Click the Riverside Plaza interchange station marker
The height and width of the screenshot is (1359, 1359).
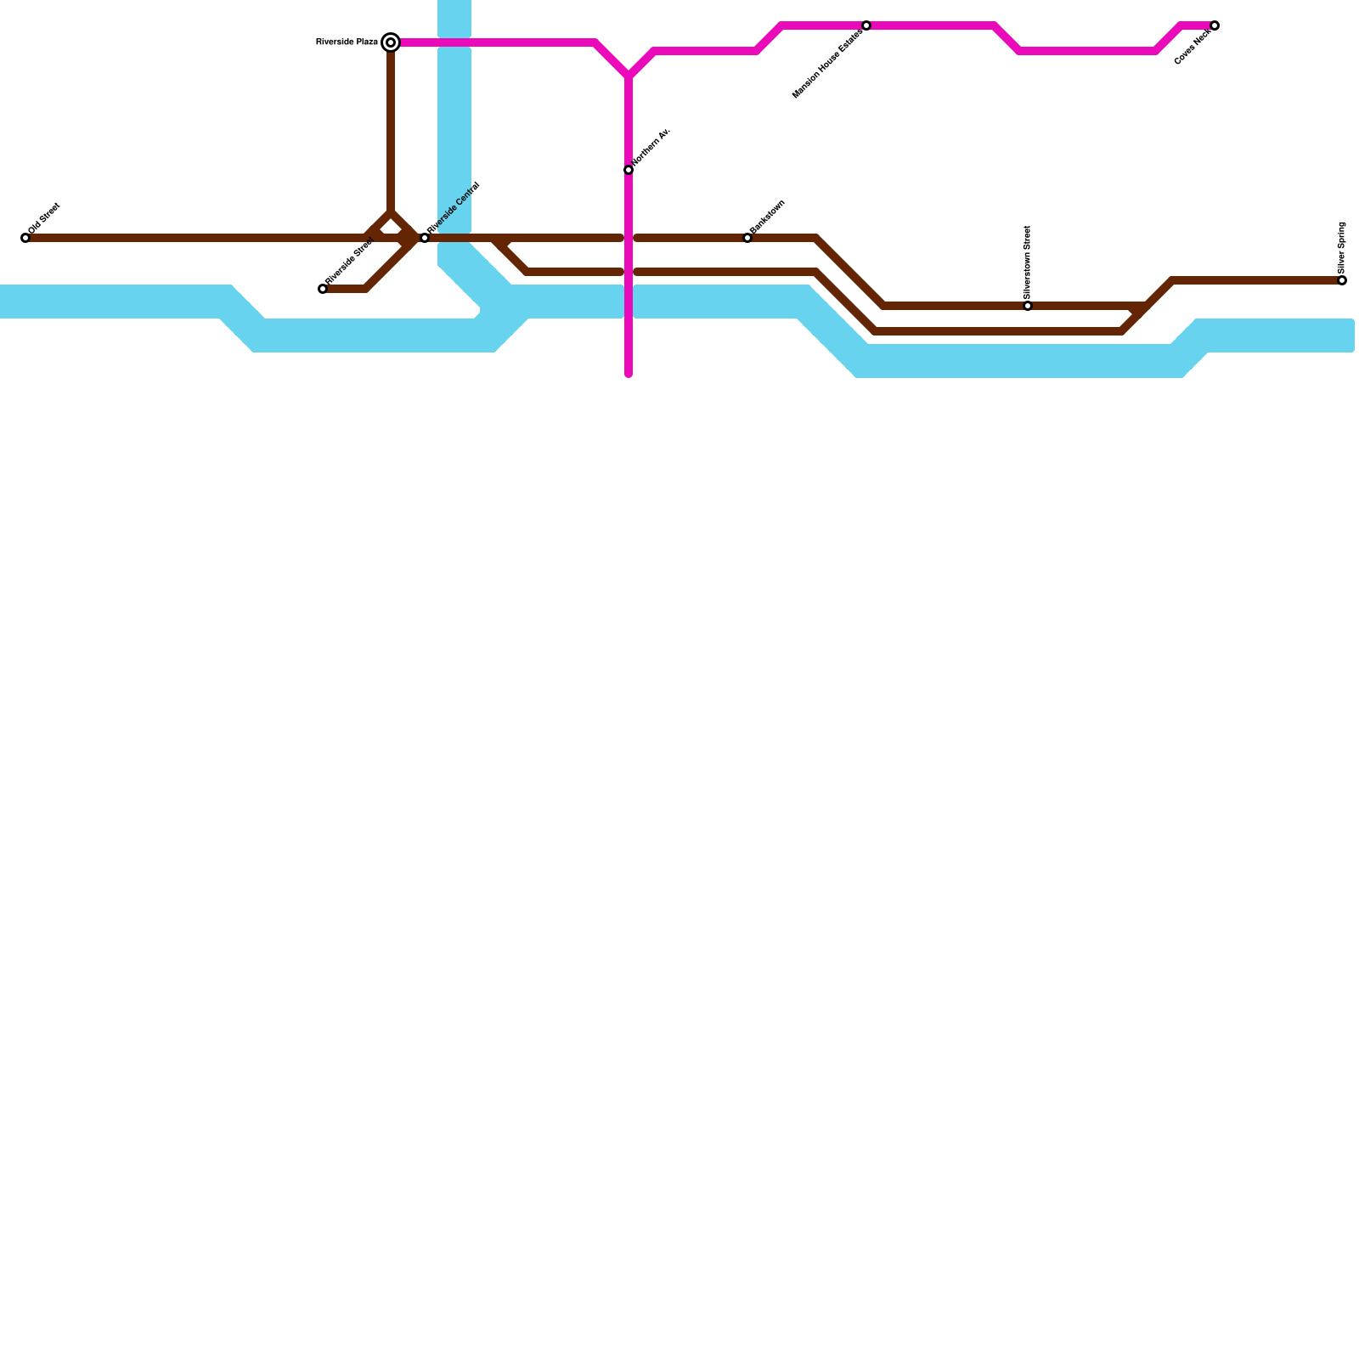[x=391, y=42]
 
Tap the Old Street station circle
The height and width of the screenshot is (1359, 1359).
[x=25, y=238]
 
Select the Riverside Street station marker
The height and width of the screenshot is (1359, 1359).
[x=323, y=289]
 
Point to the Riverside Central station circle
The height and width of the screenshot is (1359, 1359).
[x=425, y=238]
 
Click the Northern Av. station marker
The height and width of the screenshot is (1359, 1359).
[x=629, y=170]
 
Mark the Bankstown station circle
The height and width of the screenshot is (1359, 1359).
[x=747, y=238]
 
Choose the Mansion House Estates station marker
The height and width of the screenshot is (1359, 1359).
[x=866, y=25]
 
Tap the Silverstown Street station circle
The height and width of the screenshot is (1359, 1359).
[x=1028, y=306]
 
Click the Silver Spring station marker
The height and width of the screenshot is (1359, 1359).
[x=1342, y=280]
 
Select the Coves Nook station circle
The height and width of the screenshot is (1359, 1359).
[x=1215, y=25]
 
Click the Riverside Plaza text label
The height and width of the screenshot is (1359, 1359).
[x=347, y=42]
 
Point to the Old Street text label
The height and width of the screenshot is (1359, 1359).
[x=44, y=218]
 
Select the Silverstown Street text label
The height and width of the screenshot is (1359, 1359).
[x=1028, y=262]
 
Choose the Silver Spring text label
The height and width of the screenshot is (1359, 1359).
[x=1342, y=246]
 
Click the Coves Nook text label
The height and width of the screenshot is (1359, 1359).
[x=1193, y=48]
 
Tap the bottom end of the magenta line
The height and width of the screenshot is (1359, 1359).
[x=629, y=373]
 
